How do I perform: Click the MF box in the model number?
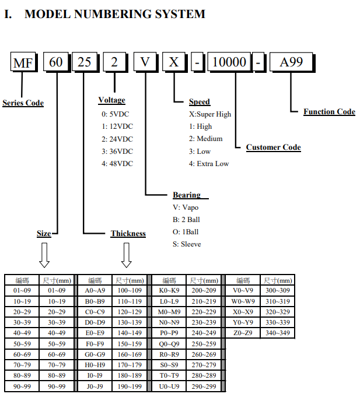(23, 62)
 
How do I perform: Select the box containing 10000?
(229, 62)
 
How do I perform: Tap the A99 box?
(291, 62)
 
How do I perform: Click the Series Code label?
(23, 103)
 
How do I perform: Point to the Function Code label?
(329, 111)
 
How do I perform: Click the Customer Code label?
(274, 147)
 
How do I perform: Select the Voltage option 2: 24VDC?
(117, 139)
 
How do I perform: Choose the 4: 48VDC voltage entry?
(117, 164)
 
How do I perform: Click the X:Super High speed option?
(210, 114)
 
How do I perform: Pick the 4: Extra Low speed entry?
(209, 164)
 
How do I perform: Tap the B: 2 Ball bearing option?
(186, 220)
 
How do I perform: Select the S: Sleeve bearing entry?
(187, 244)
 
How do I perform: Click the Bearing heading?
(187, 195)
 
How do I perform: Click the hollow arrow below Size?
(44, 255)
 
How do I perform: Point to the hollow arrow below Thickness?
(126, 255)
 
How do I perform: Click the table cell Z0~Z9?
(243, 333)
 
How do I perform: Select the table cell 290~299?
(204, 386)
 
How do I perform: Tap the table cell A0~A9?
(95, 290)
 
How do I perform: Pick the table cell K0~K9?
(169, 290)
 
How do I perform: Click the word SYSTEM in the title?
(180, 14)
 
